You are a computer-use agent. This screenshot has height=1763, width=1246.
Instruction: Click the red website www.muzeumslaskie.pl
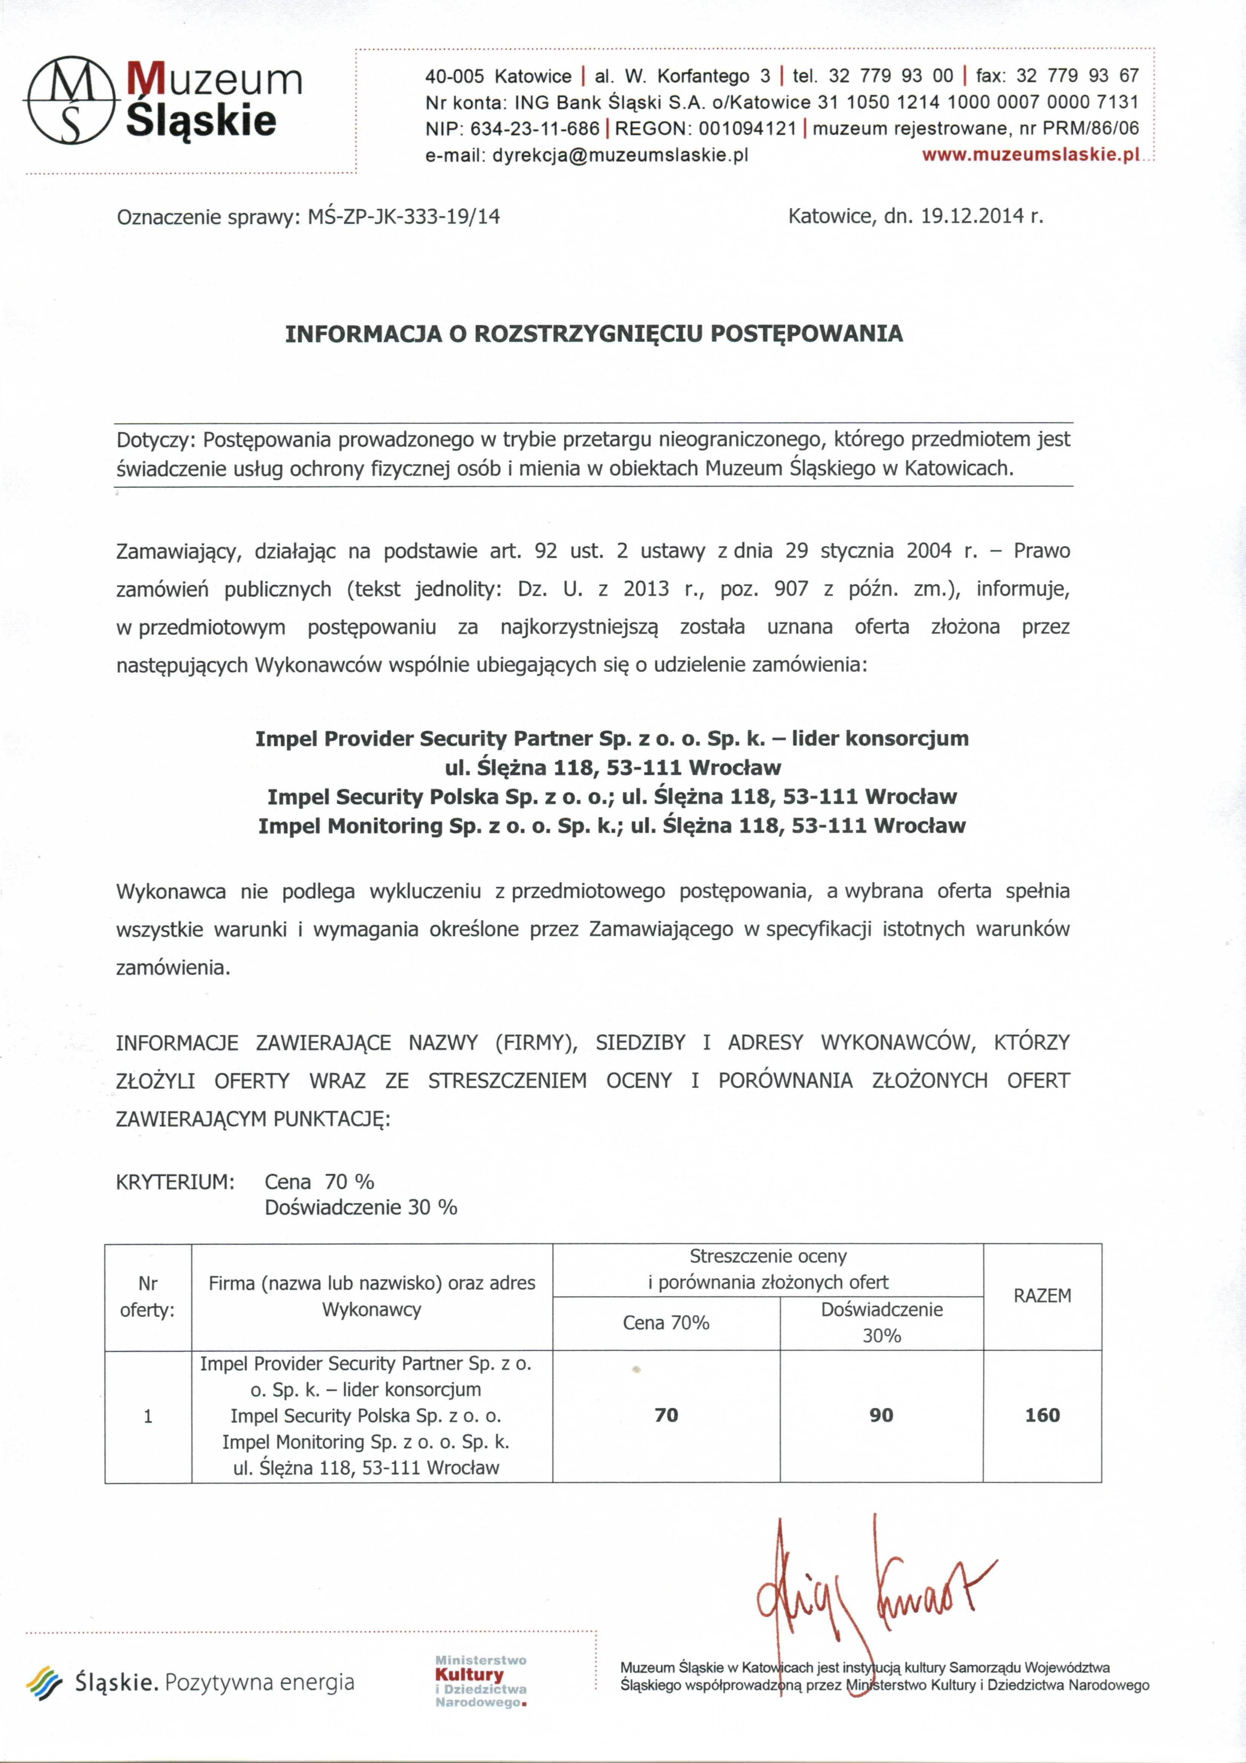(x=1031, y=154)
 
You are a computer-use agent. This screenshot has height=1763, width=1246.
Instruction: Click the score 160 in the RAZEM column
(x=1042, y=1415)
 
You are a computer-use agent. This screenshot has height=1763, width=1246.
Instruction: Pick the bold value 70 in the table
(x=666, y=1415)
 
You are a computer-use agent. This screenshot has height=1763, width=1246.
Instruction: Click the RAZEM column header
(x=1042, y=1295)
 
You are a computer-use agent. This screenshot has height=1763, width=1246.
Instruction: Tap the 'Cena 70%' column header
(x=666, y=1322)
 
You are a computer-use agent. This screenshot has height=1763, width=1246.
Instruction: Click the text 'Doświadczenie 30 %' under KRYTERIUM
(x=361, y=1207)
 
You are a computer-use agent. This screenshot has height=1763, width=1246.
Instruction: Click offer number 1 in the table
(x=147, y=1416)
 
